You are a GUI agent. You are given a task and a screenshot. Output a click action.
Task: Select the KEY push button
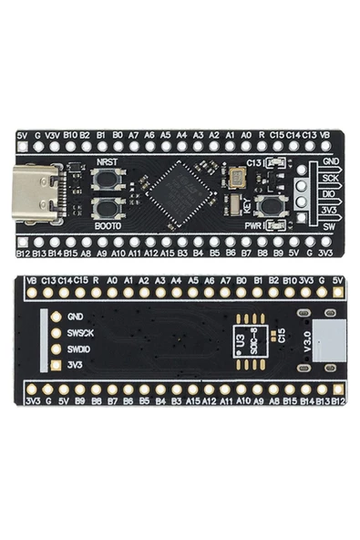coord(268,206)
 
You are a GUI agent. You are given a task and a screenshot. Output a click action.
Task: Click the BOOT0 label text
coord(108,224)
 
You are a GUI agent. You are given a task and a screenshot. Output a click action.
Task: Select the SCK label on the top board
coord(330,178)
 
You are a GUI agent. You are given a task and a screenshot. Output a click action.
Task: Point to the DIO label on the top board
coord(330,193)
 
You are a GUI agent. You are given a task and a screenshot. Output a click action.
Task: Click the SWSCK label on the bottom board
coord(80,333)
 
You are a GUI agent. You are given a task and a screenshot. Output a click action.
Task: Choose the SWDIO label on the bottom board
coord(80,349)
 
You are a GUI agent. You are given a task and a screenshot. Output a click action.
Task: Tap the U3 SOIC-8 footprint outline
coord(243,339)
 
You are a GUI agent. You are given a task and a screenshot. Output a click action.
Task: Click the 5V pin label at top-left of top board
coord(23,134)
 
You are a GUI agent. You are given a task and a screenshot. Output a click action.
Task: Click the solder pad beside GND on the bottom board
coord(55,317)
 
